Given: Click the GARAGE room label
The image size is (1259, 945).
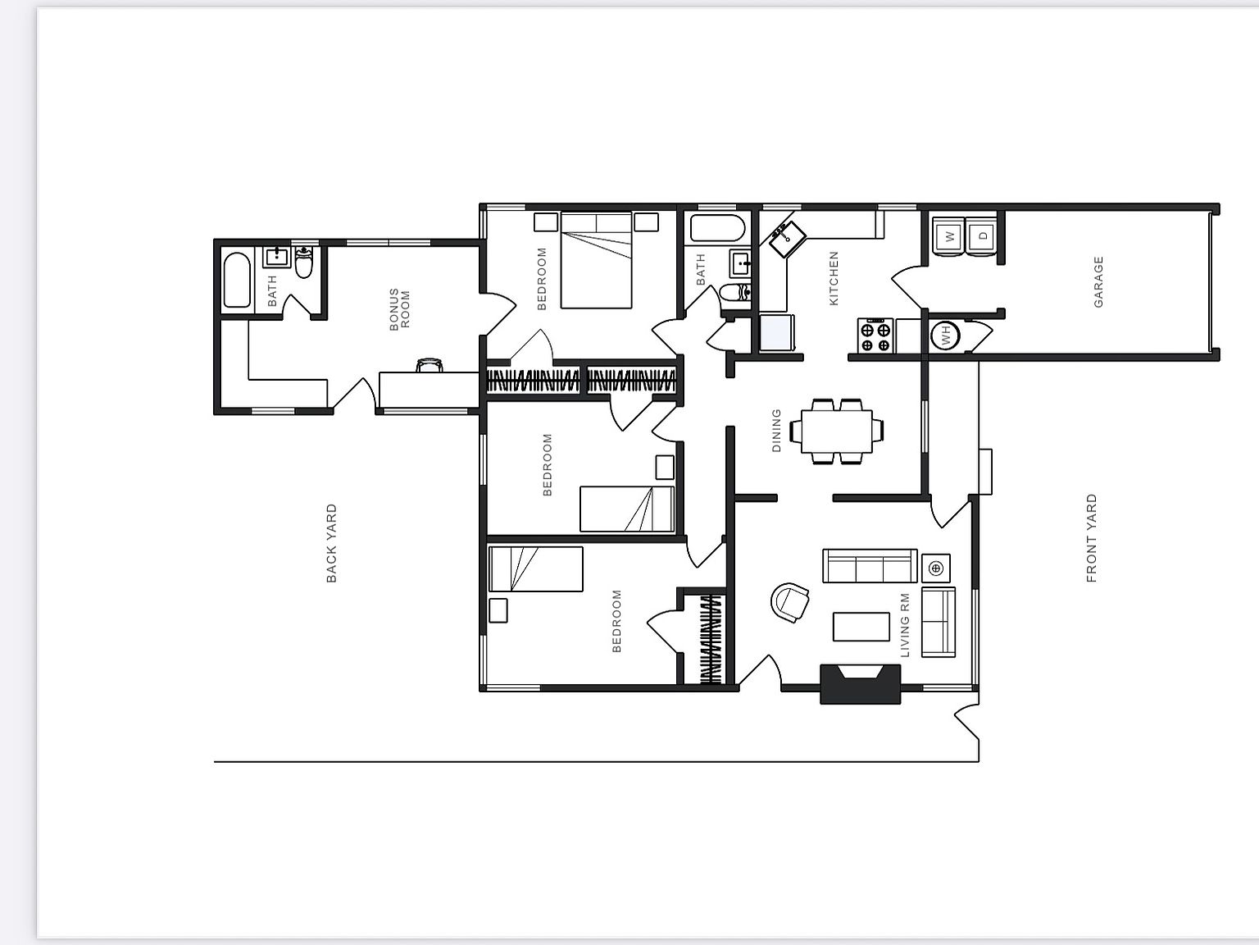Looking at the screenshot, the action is [1098, 281].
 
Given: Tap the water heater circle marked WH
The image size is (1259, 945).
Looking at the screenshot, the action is [945, 335].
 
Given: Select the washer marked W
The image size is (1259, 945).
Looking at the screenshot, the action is [949, 235].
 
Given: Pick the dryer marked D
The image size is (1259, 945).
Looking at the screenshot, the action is [983, 235].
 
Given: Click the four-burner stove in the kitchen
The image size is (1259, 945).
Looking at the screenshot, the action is [875, 336].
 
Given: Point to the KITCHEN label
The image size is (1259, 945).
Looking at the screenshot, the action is [834, 278].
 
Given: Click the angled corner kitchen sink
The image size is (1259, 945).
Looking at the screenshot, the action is [787, 239].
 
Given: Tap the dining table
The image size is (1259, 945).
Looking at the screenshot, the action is [836, 431].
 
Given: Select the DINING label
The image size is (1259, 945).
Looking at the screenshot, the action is [776, 431].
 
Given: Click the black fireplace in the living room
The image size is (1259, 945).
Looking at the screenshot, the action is [860, 684].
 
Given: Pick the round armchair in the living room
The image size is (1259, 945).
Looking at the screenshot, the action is [790, 602].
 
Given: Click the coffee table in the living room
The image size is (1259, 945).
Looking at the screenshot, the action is [861, 627].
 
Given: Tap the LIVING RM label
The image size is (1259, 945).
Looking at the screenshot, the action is [905, 625].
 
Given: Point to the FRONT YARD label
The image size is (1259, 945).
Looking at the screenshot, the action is [1091, 538].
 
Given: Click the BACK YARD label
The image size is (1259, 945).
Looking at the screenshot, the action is [331, 543].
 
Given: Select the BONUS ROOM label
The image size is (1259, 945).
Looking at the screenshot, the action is [399, 310].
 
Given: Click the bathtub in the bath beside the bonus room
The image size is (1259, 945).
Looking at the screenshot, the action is [236, 281].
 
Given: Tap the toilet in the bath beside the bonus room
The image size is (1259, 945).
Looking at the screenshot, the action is [303, 262].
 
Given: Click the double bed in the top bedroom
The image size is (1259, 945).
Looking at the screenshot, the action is [596, 261].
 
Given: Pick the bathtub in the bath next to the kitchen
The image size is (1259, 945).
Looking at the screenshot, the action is [717, 228].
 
